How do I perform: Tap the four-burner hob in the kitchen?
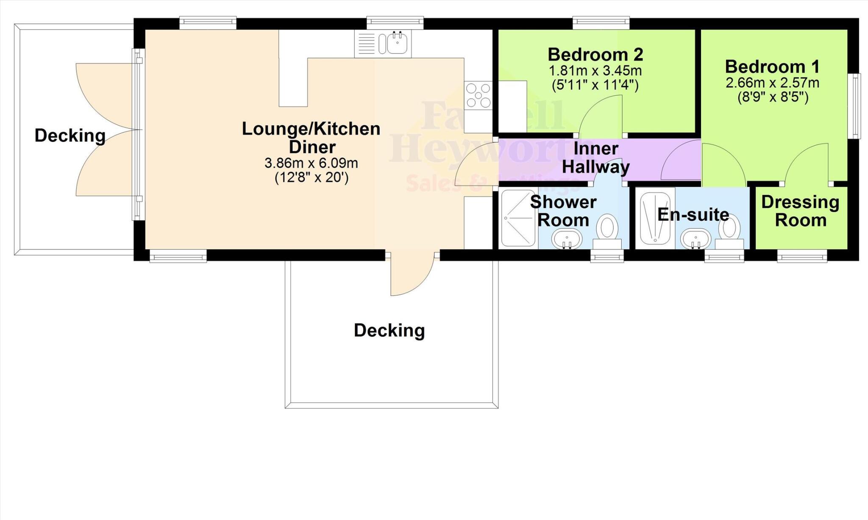(478, 95)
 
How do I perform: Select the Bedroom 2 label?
(595, 55)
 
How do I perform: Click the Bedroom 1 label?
(772, 67)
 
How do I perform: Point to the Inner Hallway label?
(595, 158)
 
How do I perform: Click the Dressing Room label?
(800, 211)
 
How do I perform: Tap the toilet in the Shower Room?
(607, 229)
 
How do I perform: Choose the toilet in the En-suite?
(729, 229)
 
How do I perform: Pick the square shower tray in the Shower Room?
(518, 218)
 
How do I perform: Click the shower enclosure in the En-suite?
(655, 219)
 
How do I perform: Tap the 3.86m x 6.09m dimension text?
(311, 163)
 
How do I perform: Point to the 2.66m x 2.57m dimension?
(772, 83)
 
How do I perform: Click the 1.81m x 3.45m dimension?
(595, 70)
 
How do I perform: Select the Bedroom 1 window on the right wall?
(856, 106)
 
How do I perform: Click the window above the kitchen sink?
(395, 22)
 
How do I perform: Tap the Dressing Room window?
(802, 256)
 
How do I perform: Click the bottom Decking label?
(389, 330)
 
